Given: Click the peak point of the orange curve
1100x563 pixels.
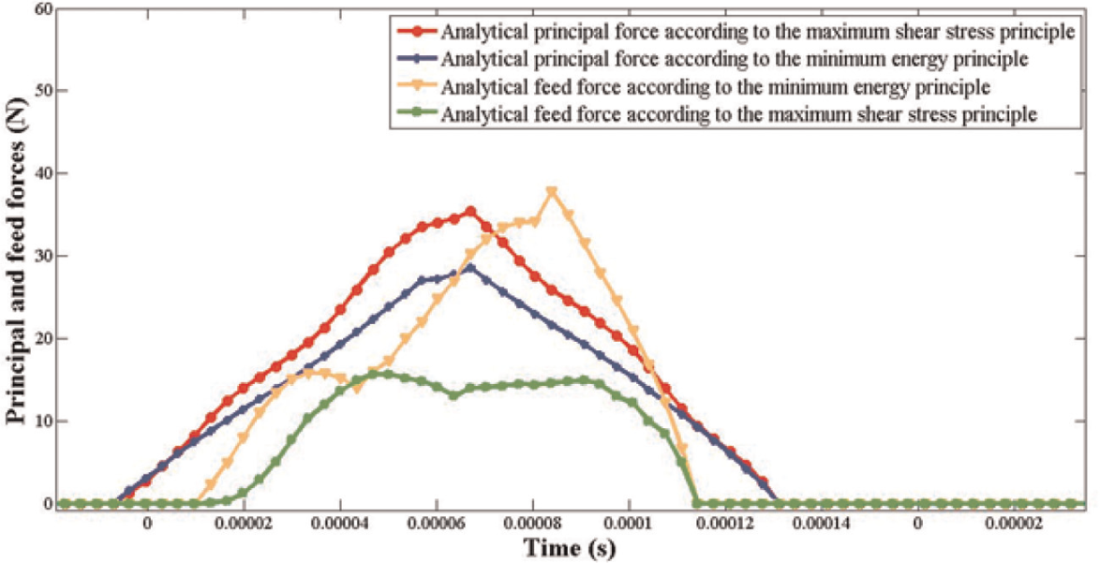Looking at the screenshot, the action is click(x=551, y=191).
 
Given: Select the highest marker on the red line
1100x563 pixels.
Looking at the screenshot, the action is click(x=470, y=211).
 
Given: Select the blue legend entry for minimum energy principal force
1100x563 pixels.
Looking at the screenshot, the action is click(x=711, y=60).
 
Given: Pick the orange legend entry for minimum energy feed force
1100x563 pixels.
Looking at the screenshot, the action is click(x=692, y=88).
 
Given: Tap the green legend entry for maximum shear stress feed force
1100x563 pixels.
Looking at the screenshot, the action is click(x=716, y=115).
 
